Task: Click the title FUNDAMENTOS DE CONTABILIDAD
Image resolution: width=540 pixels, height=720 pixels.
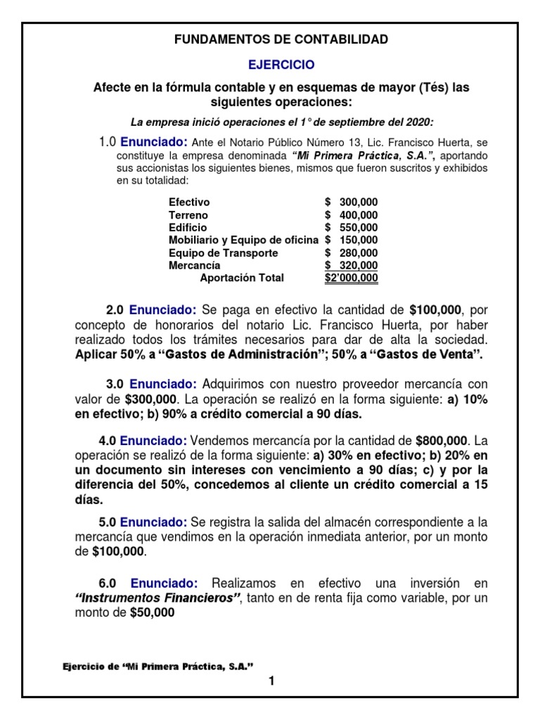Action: [x=281, y=39]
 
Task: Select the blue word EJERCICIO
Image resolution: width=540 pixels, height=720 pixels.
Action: [x=281, y=65]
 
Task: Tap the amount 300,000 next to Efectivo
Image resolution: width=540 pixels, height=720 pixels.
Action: [x=358, y=202]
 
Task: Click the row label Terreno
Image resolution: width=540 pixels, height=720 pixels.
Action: [x=188, y=215]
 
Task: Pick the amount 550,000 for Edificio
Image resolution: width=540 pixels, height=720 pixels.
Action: [x=358, y=228]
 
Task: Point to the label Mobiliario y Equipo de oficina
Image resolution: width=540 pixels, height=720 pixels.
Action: [x=243, y=240]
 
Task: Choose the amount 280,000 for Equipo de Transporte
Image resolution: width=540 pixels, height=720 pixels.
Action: [x=358, y=253]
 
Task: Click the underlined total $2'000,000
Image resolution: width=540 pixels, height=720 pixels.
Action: [x=351, y=278]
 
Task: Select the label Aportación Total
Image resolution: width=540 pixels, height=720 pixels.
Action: [x=242, y=278]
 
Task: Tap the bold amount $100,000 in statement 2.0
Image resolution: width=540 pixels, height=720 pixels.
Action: [x=438, y=310]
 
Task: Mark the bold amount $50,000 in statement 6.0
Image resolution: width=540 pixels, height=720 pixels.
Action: [x=152, y=613]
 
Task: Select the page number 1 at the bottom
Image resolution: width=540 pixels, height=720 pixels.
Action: [x=270, y=681]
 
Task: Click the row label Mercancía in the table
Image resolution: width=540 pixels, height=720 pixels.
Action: [x=195, y=266]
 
